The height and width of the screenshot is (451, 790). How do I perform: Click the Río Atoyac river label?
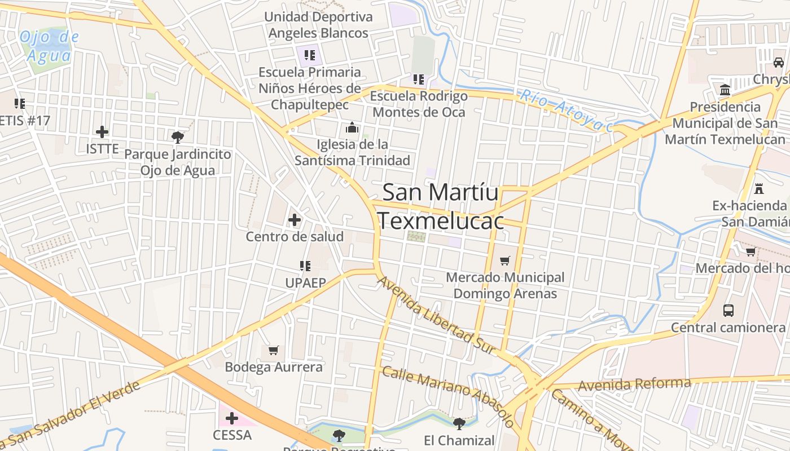click(x=566, y=110)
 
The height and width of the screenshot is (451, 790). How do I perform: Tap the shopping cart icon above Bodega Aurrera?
click(x=274, y=351)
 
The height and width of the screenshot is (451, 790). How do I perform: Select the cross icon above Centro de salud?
click(x=295, y=220)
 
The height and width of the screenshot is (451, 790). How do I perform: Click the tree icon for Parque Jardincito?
click(x=178, y=137)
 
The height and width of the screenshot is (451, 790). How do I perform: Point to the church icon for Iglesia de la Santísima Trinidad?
click(x=353, y=128)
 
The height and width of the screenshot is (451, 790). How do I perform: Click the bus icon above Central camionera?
click(x=728, y=310)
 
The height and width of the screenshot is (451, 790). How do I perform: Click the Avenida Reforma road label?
click(x=634, y=384)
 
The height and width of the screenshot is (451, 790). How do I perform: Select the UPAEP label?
click(x=305, y=282)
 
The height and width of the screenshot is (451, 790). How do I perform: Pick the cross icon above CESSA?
click(x=232, y=418)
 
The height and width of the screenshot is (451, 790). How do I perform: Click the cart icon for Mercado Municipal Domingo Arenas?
click(x=505, y=260)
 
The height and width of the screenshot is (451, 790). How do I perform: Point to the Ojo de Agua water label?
click(x=49, y=46)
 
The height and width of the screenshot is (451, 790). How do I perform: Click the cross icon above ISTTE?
click(x=102, y=132)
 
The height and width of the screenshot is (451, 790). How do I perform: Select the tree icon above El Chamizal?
click(x=459, y=423)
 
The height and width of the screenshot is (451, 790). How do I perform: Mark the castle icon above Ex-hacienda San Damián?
click(x=759, y=188)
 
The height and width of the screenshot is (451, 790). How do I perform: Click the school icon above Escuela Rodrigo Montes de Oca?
click(x=418, y=79)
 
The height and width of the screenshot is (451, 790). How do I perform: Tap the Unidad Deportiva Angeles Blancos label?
click(x=318, y=25)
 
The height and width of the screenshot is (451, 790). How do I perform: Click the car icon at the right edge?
click(x=779, y=62)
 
